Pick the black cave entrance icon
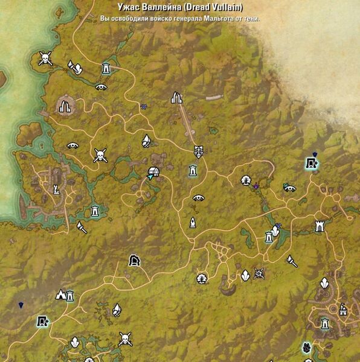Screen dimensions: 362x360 (x=135, y=260)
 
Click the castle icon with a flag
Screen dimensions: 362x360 (x=343, y=310)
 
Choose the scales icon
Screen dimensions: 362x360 (x=198, y=150)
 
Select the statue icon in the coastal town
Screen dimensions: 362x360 (x=56, y=190)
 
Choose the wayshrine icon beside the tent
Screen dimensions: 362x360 (x=70, y=296)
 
